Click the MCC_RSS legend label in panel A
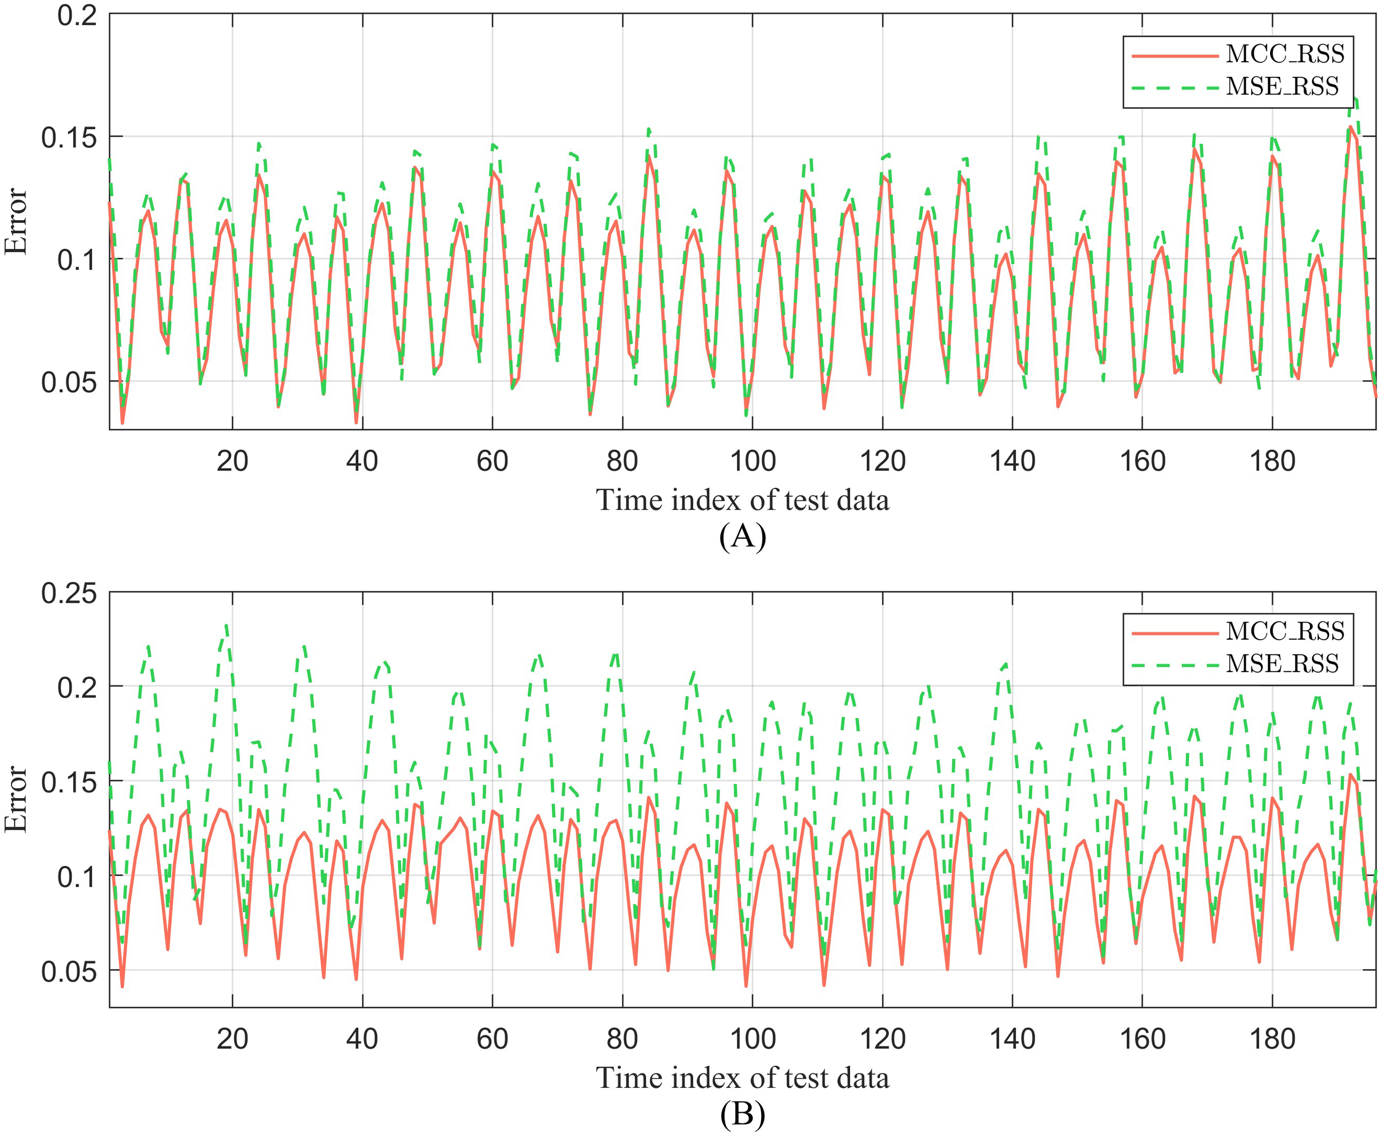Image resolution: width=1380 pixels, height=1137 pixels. coord(1285,54)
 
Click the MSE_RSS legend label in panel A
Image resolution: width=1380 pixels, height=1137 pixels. coord(1282,87)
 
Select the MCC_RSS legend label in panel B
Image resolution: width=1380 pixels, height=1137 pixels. coord(1285,631)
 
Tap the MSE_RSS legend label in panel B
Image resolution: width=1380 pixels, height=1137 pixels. coord(1282,663)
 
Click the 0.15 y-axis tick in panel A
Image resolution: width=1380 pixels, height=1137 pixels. coord(69,137)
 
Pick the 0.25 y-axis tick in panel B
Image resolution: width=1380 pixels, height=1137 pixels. coord(69,593)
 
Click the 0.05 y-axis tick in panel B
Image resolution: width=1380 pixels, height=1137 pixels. coord(69,971)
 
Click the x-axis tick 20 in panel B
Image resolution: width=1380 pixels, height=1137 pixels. coord(232,1039)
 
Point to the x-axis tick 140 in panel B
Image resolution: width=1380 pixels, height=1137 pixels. coord(1012,1039)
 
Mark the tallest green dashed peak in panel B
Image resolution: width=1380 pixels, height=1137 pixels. coord(226,625)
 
